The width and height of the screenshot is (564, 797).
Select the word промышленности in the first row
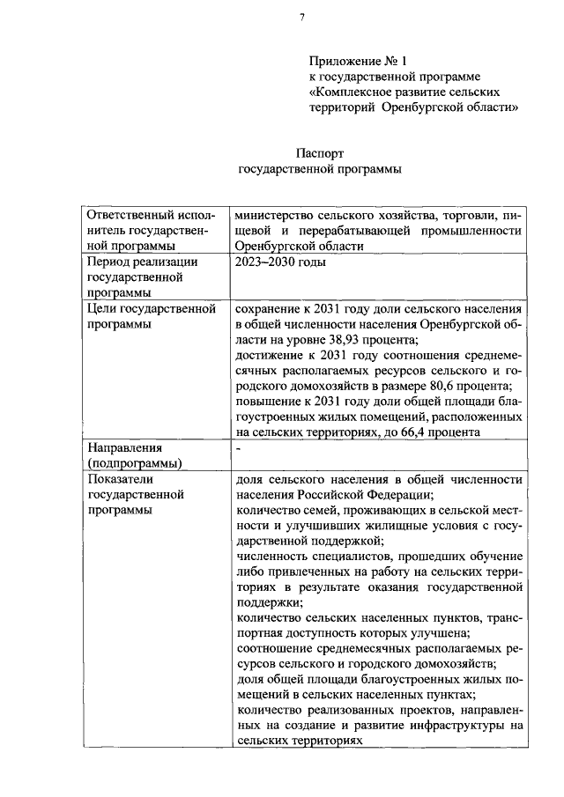click(476, 230)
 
